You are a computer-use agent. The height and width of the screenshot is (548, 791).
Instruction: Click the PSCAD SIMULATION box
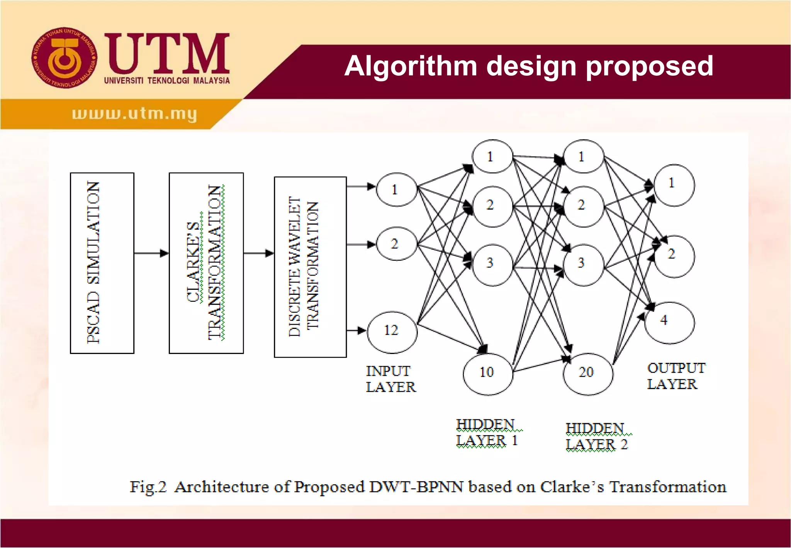coord(102,263)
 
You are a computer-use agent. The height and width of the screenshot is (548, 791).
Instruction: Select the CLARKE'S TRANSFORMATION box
coord(206,263)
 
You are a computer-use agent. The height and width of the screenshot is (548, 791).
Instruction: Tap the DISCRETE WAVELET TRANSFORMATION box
coord(310,267)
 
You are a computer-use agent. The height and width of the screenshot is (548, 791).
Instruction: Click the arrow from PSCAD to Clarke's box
coord(151,253)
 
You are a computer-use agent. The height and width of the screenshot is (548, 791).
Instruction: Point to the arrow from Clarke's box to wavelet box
coord(258,253)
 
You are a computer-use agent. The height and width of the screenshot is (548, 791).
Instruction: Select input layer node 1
coord(396,189)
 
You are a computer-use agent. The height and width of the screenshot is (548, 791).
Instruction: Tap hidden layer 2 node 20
coord(587,373)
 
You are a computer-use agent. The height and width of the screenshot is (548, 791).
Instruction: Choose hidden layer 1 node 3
coord(492,265)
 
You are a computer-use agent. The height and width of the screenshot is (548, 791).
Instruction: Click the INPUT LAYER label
coord(390,379)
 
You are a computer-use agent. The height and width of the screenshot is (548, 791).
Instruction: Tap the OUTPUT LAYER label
coord(675,376)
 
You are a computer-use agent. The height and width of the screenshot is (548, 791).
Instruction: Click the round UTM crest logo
coord(65,58)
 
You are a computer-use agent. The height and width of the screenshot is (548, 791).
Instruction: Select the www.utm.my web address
coord(134,114)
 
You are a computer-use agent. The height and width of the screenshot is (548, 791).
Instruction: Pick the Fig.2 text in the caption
coord(148,487)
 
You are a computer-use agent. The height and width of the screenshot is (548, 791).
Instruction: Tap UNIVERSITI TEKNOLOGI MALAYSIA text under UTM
coord(167,81)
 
